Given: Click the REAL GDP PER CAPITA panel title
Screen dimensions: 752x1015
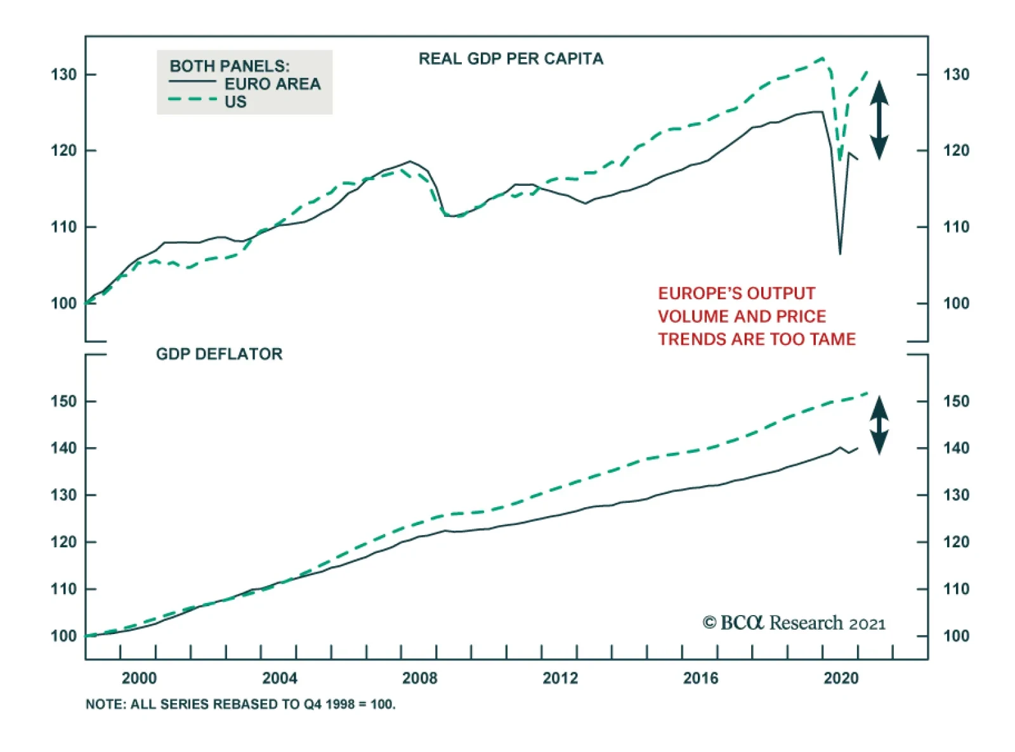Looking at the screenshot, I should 511,59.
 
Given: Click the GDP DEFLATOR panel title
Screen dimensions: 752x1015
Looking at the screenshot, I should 219,354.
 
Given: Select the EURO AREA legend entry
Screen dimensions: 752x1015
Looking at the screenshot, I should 272,84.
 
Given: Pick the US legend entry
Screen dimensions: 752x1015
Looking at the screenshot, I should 235,101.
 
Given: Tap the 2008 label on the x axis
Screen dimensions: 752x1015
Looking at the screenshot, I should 420,678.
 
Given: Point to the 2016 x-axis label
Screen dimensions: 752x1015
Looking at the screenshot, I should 700,678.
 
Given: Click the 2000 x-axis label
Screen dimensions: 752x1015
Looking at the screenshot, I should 139,678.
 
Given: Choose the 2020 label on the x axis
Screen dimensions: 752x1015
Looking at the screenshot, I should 841,678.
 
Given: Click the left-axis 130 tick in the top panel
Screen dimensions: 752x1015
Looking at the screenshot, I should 63,75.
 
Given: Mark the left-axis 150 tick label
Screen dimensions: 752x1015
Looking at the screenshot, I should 63,401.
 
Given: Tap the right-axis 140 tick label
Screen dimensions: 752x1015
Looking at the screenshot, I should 956,448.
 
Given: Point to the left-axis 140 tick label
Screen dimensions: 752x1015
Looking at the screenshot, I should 63,448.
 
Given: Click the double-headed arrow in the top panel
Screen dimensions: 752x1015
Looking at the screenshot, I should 879,120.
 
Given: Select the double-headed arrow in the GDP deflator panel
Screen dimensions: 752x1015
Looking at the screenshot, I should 879,425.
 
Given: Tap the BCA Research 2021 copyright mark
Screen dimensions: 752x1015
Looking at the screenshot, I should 794,623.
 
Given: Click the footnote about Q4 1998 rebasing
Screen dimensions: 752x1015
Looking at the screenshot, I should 240,704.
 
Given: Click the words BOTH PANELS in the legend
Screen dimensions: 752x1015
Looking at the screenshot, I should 229,66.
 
